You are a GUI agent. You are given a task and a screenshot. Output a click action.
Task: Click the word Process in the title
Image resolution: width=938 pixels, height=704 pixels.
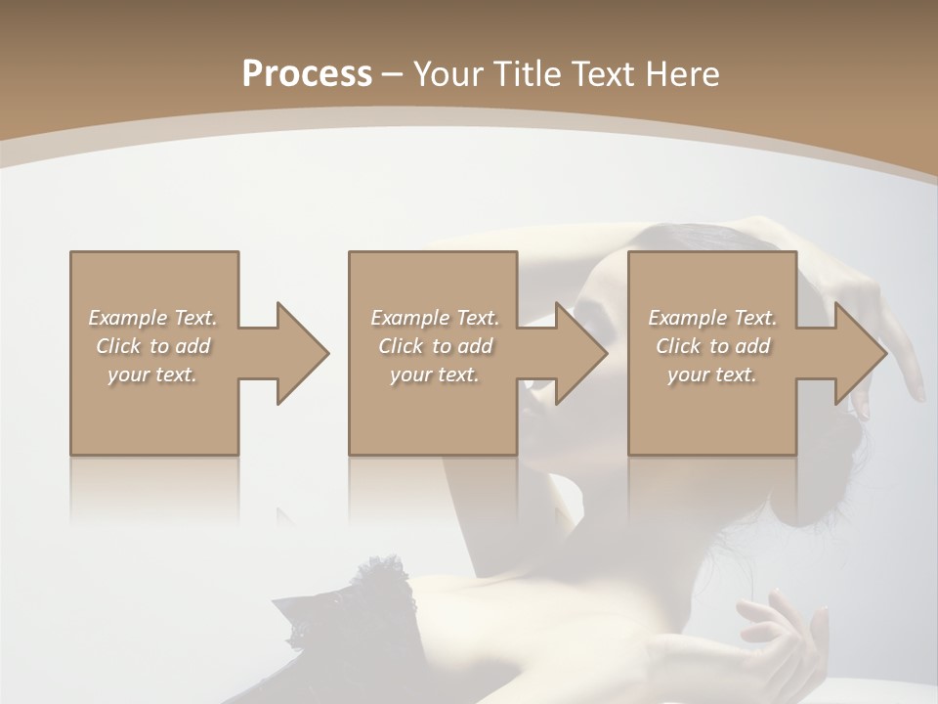click(x=307, y=74)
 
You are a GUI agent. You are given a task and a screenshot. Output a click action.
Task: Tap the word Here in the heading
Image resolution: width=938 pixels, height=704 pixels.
click(x=681, y=74)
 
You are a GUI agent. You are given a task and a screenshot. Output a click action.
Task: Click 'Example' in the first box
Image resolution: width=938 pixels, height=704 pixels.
click(x=128, y=318)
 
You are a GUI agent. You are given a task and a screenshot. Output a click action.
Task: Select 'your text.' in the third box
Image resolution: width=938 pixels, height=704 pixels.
click(x=712, y=374)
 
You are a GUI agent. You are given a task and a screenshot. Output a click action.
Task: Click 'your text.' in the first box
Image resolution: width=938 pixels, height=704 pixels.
click(x=152, y=374)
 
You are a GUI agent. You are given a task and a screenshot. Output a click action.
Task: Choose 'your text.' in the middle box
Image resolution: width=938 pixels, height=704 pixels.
click(x=435, y=374)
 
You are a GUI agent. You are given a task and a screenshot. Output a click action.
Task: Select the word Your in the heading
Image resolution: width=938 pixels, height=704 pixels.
click(x=448, y=74)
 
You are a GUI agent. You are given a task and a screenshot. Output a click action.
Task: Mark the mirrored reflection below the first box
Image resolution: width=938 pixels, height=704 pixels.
click(x=154, y=489)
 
